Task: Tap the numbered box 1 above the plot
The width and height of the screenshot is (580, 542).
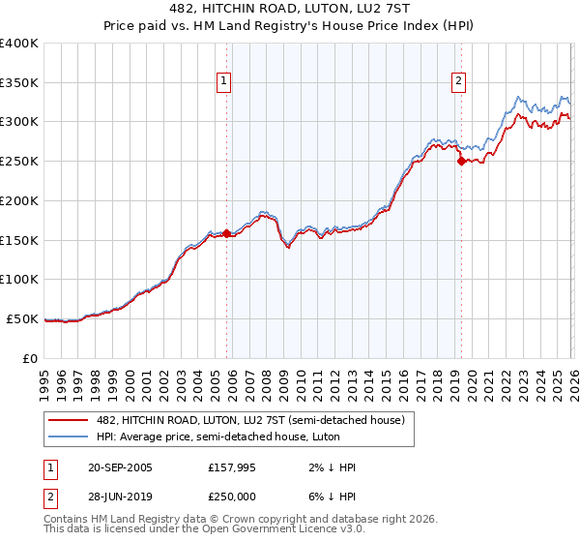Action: pyautogui.click(x=223, y=81)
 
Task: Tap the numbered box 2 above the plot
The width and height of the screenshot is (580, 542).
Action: pyautogui.click(x=457, y=81)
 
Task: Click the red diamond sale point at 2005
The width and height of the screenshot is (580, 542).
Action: pyautogui.click(x=227, y=233)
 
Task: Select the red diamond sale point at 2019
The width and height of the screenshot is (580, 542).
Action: pyautogui.click(x=461, y=162)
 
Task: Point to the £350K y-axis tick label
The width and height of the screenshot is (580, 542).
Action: pyautogui.click(x=19, y=83)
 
